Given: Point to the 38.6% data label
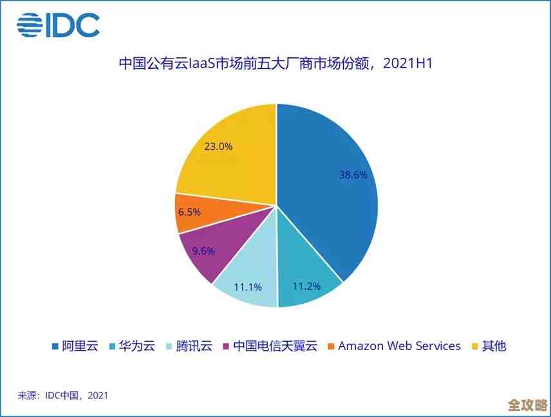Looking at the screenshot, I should coord(353,174).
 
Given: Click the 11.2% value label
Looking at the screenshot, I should coord(306,286).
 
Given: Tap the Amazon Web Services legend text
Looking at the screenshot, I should coord(399,346).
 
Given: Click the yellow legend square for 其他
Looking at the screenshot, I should coord(476,346).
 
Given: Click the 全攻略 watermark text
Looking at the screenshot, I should coord(527,405).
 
